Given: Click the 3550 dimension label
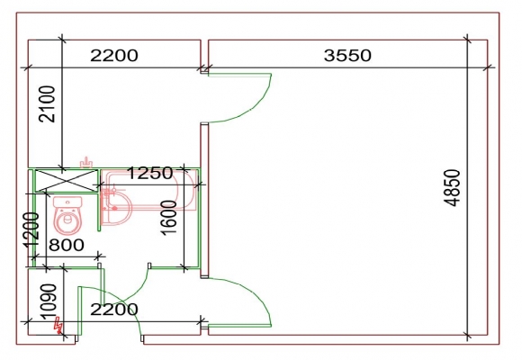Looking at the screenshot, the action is point(347,55).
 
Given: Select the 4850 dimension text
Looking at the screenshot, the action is point(452,188).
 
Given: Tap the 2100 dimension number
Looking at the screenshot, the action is point(47,103).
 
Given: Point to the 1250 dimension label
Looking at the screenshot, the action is point(150,173).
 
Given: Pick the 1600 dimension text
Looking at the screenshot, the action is point(169,218).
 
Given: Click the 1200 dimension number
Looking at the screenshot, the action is point(31,230).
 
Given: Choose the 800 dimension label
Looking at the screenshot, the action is point(67,245).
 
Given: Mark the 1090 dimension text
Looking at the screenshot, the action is point(49,301).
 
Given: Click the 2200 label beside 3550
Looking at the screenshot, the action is point(114,55).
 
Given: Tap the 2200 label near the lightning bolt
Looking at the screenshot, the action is point(114,310).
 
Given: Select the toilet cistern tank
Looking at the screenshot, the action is point(67,202).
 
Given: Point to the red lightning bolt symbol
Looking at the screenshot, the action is point(58,326).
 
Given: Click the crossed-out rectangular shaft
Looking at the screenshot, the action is point(67,181).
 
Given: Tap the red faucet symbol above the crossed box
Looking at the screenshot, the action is point(86,163).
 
